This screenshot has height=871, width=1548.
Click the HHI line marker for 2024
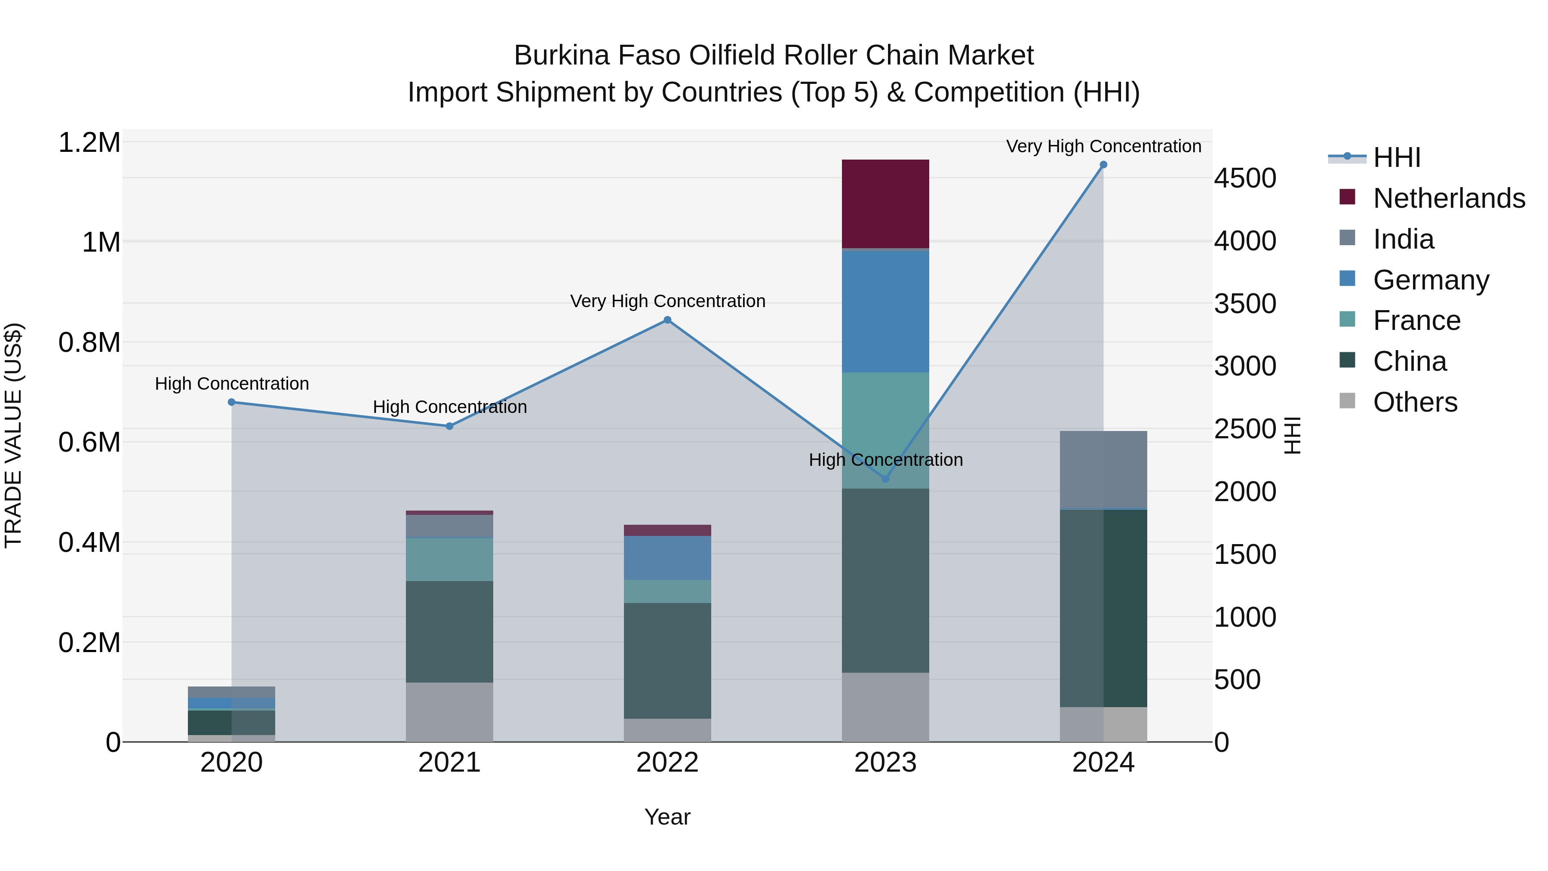coord(1103,165)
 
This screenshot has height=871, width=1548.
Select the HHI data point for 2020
coord(232,402)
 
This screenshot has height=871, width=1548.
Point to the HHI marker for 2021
coord(449,426)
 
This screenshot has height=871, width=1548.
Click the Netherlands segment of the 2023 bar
coord(885,204)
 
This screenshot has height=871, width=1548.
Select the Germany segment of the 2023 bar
coord(885,311)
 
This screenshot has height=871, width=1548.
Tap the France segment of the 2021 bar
coord(449,559)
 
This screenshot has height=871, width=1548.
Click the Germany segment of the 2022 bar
coord(667,558)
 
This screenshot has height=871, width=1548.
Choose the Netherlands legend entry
coord(1449,198)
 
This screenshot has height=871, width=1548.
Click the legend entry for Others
coord(1415,402)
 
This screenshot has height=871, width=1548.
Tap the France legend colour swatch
coord(1347,319)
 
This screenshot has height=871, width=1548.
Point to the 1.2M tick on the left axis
coord(89,143)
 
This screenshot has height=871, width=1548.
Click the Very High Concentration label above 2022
coord(667,301)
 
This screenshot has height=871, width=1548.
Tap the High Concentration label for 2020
coord(232,384)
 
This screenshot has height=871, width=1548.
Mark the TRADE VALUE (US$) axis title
coord(13,435)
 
